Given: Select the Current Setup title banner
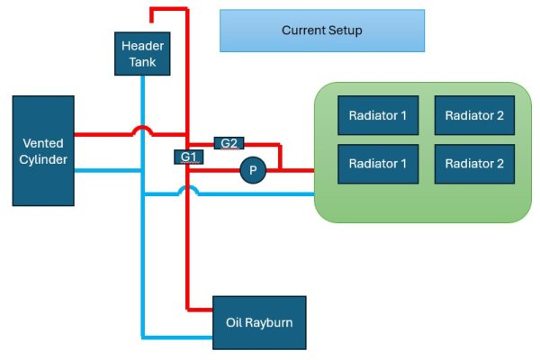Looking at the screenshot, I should coord(322,31).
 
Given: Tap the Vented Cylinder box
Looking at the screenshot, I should coord(41,150).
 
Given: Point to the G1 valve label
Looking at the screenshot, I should coord(188,157).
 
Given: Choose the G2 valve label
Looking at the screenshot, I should coord(229,142).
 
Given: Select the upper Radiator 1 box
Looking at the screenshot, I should coord(373,115).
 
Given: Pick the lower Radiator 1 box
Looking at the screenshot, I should coord(373,164).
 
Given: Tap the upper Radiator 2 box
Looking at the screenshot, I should coord(469,115).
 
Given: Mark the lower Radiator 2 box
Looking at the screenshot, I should coord(469,164).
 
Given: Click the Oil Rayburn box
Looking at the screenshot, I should coord(259,321).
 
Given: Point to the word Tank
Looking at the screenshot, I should coord(142,62).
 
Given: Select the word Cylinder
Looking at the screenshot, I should coord(41,159).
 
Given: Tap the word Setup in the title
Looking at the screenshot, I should coord(345,31).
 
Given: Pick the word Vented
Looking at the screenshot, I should coord(41,142).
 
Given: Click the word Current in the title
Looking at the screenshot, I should coord(302,31).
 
